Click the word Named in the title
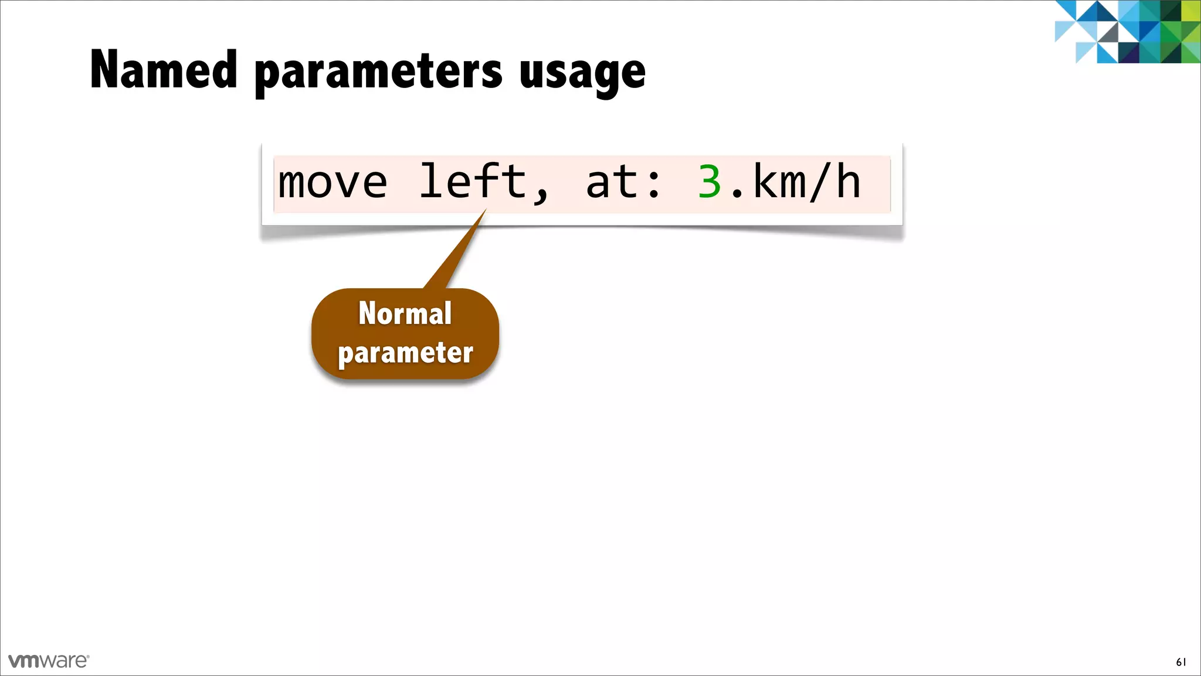[164, 70]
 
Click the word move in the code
[333, 182]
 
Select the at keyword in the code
[612, 182]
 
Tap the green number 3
[709, 182]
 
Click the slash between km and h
[820, 182]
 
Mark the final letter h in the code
[848, 182]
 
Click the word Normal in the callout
[405, 313]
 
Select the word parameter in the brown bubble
[405, 353]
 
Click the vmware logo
[49, 661]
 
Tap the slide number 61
[1181, 662]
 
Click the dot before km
[737, 194]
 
